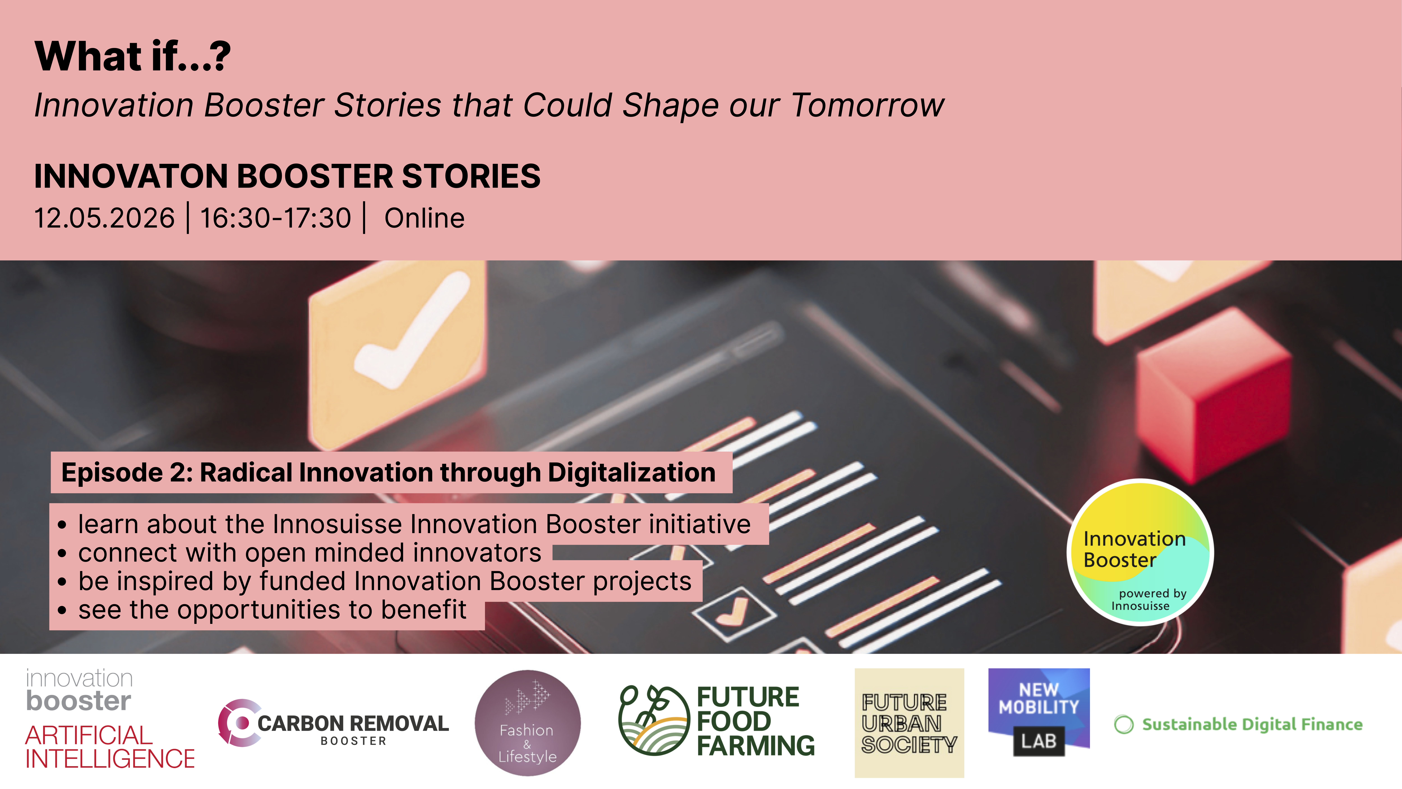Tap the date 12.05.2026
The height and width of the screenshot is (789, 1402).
point(104,218)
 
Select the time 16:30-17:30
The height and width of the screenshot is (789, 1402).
point(276,218)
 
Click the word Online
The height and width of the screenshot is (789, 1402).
point(425,218)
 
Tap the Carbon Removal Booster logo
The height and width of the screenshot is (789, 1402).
point(333,723)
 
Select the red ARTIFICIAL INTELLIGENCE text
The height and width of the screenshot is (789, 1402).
point(110,747)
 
